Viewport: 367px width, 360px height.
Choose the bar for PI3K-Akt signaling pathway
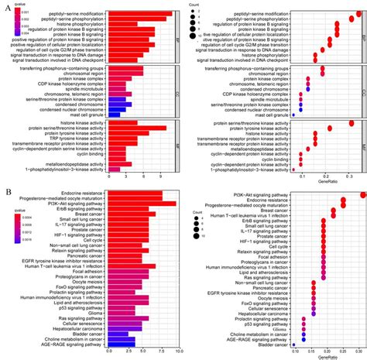(x=148, y=204)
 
